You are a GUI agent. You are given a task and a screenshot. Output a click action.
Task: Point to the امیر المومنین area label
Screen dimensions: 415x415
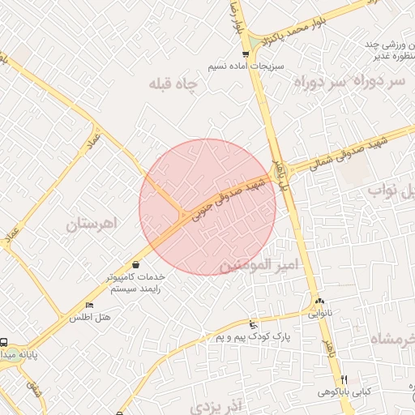(259, 265)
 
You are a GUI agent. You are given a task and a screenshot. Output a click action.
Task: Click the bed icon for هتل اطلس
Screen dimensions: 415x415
(89, 305)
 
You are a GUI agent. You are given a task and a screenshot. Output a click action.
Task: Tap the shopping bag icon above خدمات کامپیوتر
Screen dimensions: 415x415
(135, 264)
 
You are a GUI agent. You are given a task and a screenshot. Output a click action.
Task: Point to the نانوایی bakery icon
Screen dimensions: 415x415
(319, 300)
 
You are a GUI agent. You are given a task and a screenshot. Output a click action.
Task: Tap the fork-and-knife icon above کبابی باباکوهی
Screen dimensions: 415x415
(344, 379)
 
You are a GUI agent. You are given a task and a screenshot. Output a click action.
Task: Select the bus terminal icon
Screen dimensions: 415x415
(5, 343)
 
